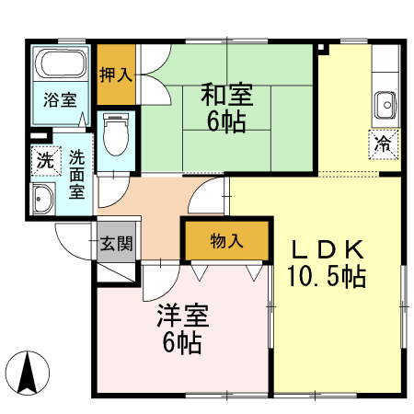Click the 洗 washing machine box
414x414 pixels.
click(43, 158)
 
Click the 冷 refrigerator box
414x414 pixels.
click(382, 144)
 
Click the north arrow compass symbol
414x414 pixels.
click(28, 373)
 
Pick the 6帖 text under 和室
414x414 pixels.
click(225, 121)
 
